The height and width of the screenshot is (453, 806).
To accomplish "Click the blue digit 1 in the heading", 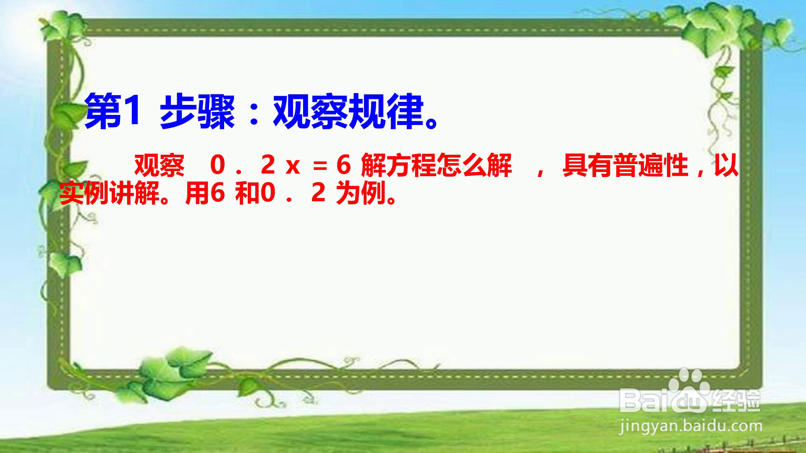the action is click(x=131, y=111).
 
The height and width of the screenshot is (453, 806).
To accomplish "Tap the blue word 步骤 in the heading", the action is click(x=197, y=112).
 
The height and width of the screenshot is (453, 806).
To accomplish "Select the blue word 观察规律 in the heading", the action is click(x=348, y=112).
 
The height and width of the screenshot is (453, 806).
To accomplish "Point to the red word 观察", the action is click(x=159, y=165).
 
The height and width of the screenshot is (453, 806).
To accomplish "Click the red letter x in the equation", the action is click(x=293, y=167).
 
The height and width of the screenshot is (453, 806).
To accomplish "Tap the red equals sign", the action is click(x=320, y=167).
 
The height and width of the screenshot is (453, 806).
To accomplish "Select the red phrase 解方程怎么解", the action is click(x=436, y=165).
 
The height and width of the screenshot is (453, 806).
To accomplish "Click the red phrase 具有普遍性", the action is click(x=625, y=165).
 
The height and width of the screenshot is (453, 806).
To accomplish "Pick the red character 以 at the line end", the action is click(x=726, y=165).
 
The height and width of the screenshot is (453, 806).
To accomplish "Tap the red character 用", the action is click(x=197, y=193).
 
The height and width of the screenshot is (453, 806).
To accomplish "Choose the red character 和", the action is click(x=248, y=193).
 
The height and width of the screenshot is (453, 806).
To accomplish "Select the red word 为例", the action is click(x=361, y=193).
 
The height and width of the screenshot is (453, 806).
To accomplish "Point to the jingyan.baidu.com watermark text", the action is click(x=691, y=427).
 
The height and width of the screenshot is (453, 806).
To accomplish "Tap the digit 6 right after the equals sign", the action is click(x=343, y=165).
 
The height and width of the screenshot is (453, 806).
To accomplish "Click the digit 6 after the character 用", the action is click(x=217, y=193).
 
